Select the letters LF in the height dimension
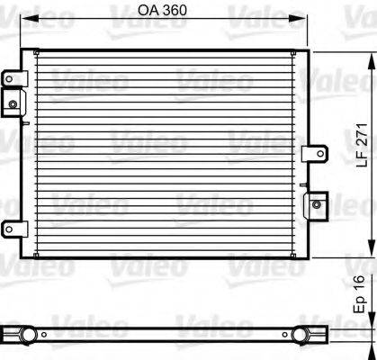pyautogui.click(x=360, y=156)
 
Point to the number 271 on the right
pyautogui.click(x=360, y=130)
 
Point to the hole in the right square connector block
pyautogui.click(x=317, y=204)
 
